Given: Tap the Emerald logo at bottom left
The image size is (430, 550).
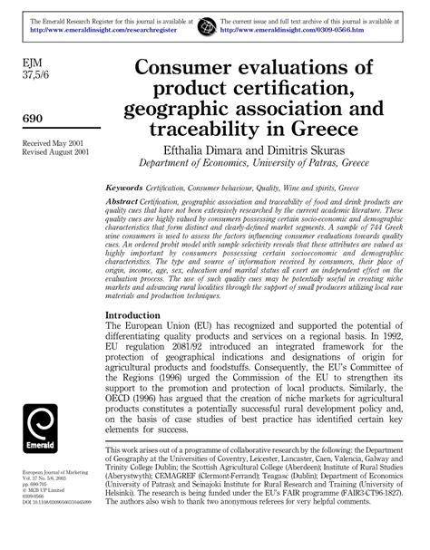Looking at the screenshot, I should click(46, 431).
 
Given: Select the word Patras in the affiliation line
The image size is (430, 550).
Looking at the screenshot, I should click(327, 165).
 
